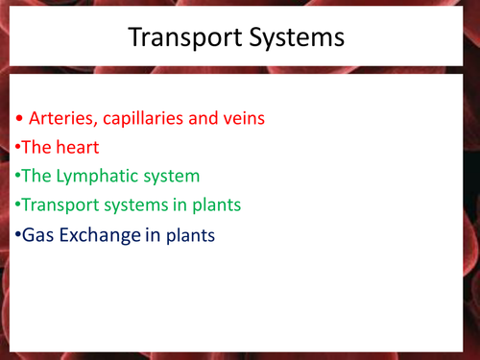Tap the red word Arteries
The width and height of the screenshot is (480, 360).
click(60, 119)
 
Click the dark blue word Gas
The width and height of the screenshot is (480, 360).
click(36, 233)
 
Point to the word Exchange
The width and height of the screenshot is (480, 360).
click(96, 233)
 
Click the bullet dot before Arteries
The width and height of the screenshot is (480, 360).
click(20, 120)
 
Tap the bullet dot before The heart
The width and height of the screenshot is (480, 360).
click(16, 149)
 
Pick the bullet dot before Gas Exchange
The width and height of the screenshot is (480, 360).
click(16, 234)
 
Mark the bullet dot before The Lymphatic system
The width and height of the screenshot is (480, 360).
click(16, 178)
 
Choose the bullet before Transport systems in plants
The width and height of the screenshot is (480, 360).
click(16, 205)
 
